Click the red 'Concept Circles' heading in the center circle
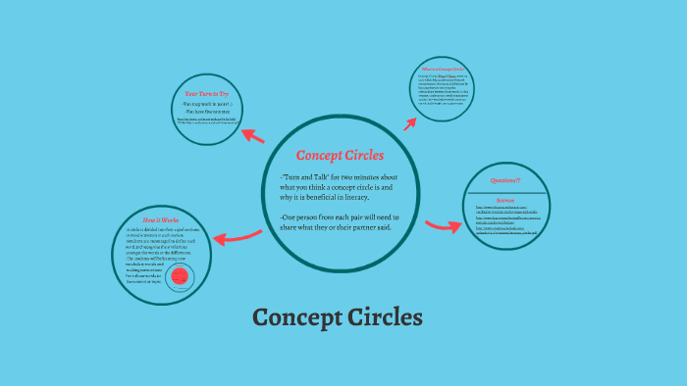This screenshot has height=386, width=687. click(341, 156)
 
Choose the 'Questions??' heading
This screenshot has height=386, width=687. click(504, 181)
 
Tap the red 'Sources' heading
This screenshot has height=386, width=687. click(504, 199)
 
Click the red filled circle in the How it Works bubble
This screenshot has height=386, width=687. click(179, 277)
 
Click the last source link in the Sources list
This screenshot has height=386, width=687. click(507, 233)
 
